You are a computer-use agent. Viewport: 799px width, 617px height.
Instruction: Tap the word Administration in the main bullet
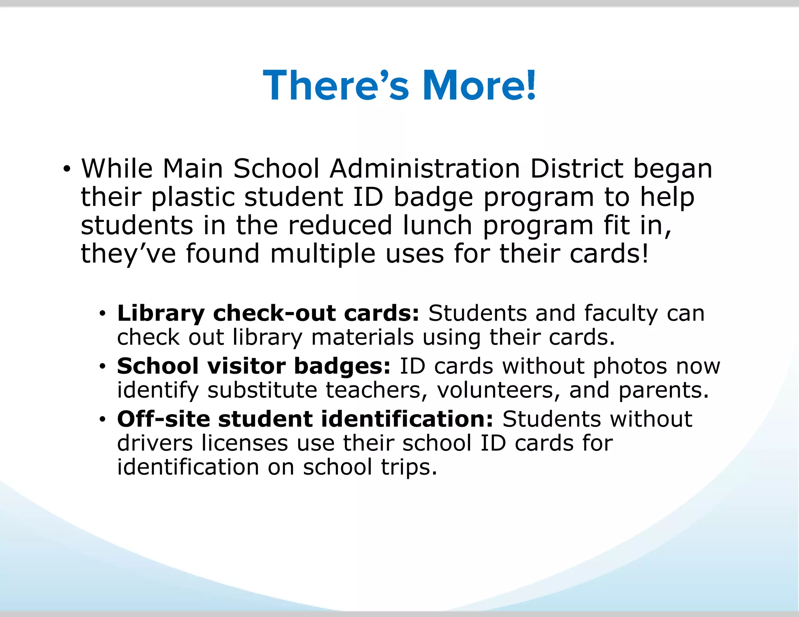(424, 169)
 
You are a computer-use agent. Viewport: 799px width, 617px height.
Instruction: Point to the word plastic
(193, 197)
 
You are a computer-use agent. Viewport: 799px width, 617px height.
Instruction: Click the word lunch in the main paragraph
(437, 226)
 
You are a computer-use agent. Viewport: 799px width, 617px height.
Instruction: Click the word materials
(362, 337)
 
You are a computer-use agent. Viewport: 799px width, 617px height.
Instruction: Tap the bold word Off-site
(163, 419)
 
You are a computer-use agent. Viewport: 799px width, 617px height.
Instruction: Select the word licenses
(245, 443)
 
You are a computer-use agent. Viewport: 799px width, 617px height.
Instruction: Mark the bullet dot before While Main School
(67, 170)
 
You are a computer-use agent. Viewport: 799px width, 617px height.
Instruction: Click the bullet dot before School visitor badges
(102, 367)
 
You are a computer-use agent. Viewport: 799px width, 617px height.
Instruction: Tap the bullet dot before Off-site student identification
(102, 420)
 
